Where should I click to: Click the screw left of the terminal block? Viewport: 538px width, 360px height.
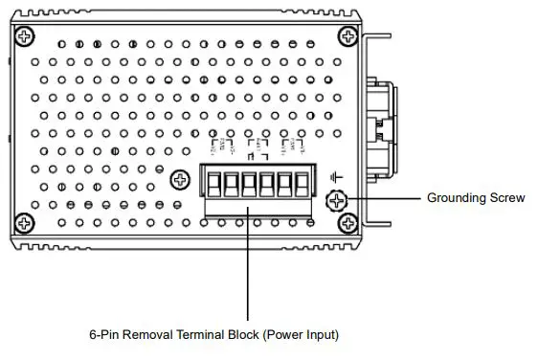click(179, 180)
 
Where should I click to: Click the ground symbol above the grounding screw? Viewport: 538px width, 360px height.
click(335, 177)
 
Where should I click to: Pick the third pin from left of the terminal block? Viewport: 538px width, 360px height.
click(248, 181)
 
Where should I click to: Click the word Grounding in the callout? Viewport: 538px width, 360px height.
click(455, 199)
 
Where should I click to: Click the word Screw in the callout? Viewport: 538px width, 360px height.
click(507, 199)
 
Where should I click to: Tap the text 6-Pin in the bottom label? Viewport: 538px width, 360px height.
click(103, 335)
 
